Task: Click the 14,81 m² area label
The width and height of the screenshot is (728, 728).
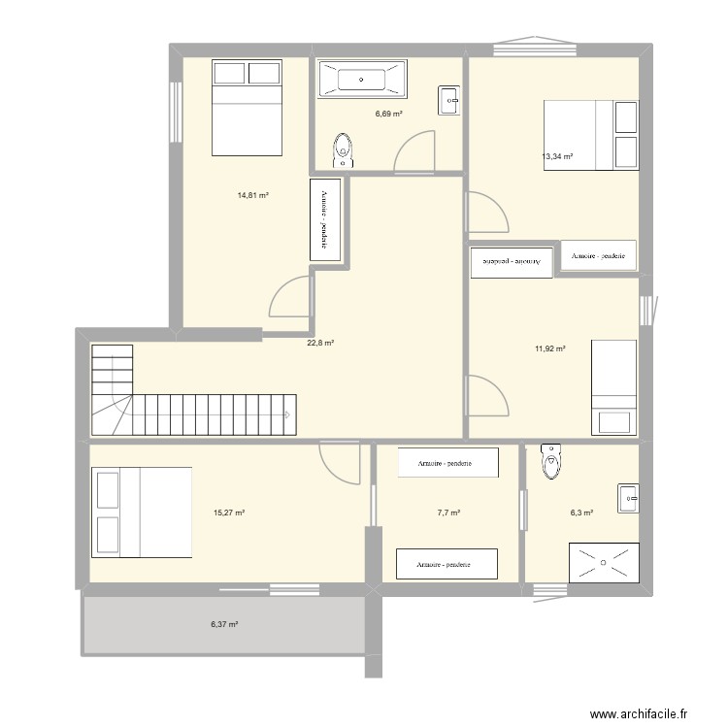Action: [x=252, y=195]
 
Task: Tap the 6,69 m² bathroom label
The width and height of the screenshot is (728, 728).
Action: [x=388, y=114]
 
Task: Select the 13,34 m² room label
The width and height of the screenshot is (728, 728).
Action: [x=557, y=156]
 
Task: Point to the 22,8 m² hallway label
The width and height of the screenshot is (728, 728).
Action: [x=320, y=343]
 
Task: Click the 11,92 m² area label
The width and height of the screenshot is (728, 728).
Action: [x=549, y=348]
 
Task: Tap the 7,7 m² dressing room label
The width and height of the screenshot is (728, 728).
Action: [x=447, y=513]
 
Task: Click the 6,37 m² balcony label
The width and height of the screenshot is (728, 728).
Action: [x=224, y=625]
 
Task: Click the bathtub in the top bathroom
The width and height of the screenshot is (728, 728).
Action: [x=361, y=80]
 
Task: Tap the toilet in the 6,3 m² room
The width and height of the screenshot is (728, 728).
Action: [x=552, y=462]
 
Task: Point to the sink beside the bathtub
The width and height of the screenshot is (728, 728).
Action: [x=450, y=100]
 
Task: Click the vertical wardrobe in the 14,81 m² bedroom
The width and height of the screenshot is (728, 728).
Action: [x=325, y=219]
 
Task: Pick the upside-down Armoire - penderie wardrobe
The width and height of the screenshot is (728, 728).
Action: [x=512, y=262]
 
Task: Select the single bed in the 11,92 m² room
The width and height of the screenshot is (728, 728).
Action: [x=614, y=386]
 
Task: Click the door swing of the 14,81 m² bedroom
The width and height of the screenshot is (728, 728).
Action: [x=289, y=299]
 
